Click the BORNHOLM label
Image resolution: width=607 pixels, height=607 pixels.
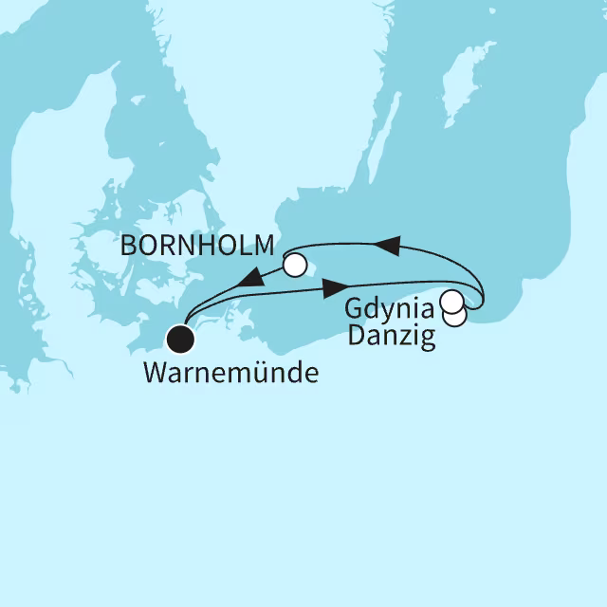[x=197, y=248]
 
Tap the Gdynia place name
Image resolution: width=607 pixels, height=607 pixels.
[x=389, y=309]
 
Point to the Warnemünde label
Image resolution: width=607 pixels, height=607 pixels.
[x=230, y=372]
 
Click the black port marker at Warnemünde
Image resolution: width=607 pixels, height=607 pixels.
[x=179, y=337]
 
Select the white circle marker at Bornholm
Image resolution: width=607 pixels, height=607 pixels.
[x=295, y=266]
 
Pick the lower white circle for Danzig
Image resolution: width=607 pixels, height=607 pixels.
[x=456, y=316]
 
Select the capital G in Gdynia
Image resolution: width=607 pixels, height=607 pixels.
[x=355, y=309]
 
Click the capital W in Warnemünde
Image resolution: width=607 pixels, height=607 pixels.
[x=155, y=372]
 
